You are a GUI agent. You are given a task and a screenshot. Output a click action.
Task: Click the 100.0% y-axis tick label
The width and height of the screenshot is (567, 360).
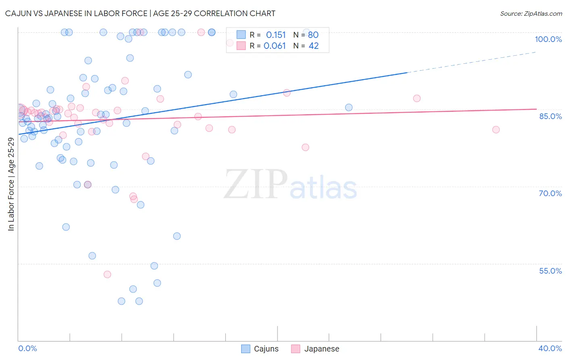coord(548,39)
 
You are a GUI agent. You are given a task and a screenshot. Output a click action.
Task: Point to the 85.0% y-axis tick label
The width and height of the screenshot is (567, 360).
coord(550,116)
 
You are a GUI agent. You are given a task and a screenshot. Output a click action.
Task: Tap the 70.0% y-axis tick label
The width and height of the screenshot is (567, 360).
coord(550,193)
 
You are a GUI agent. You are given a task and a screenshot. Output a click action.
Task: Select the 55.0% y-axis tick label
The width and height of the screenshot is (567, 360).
coord(550,271)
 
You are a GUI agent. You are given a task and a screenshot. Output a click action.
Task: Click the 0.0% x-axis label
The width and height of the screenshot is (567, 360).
coord(27,348)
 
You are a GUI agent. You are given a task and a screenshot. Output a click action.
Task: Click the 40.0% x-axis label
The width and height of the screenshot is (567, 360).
coord(550,348)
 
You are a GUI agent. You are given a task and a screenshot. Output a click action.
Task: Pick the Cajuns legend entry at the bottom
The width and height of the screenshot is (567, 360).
coord(260,349)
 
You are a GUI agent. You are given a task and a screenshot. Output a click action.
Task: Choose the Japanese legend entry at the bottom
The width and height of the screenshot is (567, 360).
coord(315,349)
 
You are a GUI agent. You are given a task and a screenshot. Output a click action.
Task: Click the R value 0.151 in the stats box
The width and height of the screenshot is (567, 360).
coord(276,35)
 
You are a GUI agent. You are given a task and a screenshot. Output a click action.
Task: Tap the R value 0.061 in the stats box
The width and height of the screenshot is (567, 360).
coord(275,46)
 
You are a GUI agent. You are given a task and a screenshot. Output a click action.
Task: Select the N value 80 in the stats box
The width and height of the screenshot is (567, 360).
coord(313,35)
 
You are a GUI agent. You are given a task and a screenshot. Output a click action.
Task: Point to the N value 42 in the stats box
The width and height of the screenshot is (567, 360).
coord(313,46)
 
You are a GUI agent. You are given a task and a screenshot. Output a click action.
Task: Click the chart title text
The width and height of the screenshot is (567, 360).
coord(140,13)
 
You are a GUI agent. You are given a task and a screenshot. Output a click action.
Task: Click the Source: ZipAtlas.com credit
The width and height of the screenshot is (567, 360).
coord(531,13)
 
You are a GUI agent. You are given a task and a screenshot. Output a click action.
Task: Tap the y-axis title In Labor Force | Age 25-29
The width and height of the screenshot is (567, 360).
coord(11,184)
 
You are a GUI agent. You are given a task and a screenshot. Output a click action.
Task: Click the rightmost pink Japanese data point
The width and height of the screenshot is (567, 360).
coord(496,130)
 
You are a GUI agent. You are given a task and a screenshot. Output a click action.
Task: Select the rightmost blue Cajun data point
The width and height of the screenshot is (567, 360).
coord(349,107)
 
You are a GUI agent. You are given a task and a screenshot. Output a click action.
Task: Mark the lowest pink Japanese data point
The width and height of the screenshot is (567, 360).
coord(107,274)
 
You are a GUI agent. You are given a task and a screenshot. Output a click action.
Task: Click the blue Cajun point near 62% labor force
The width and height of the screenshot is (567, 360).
coord(66,227)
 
